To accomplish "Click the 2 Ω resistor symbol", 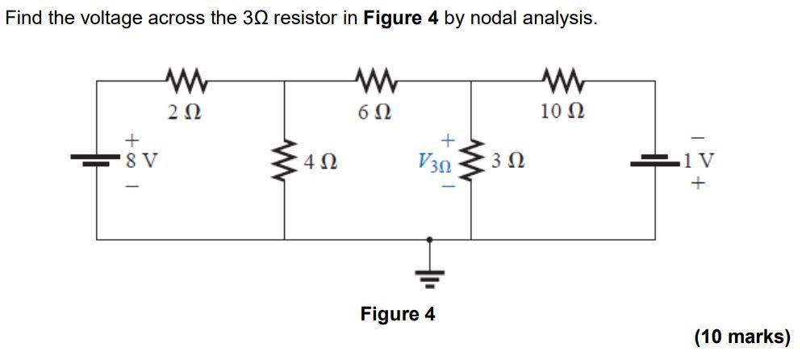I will [187, 80].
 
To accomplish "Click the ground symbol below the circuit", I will [429, 279].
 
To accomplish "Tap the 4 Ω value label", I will [320, 163].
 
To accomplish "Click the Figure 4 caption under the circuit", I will [397, 314].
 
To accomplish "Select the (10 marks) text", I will [741, 337].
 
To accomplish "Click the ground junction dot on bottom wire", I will [429, 240].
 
